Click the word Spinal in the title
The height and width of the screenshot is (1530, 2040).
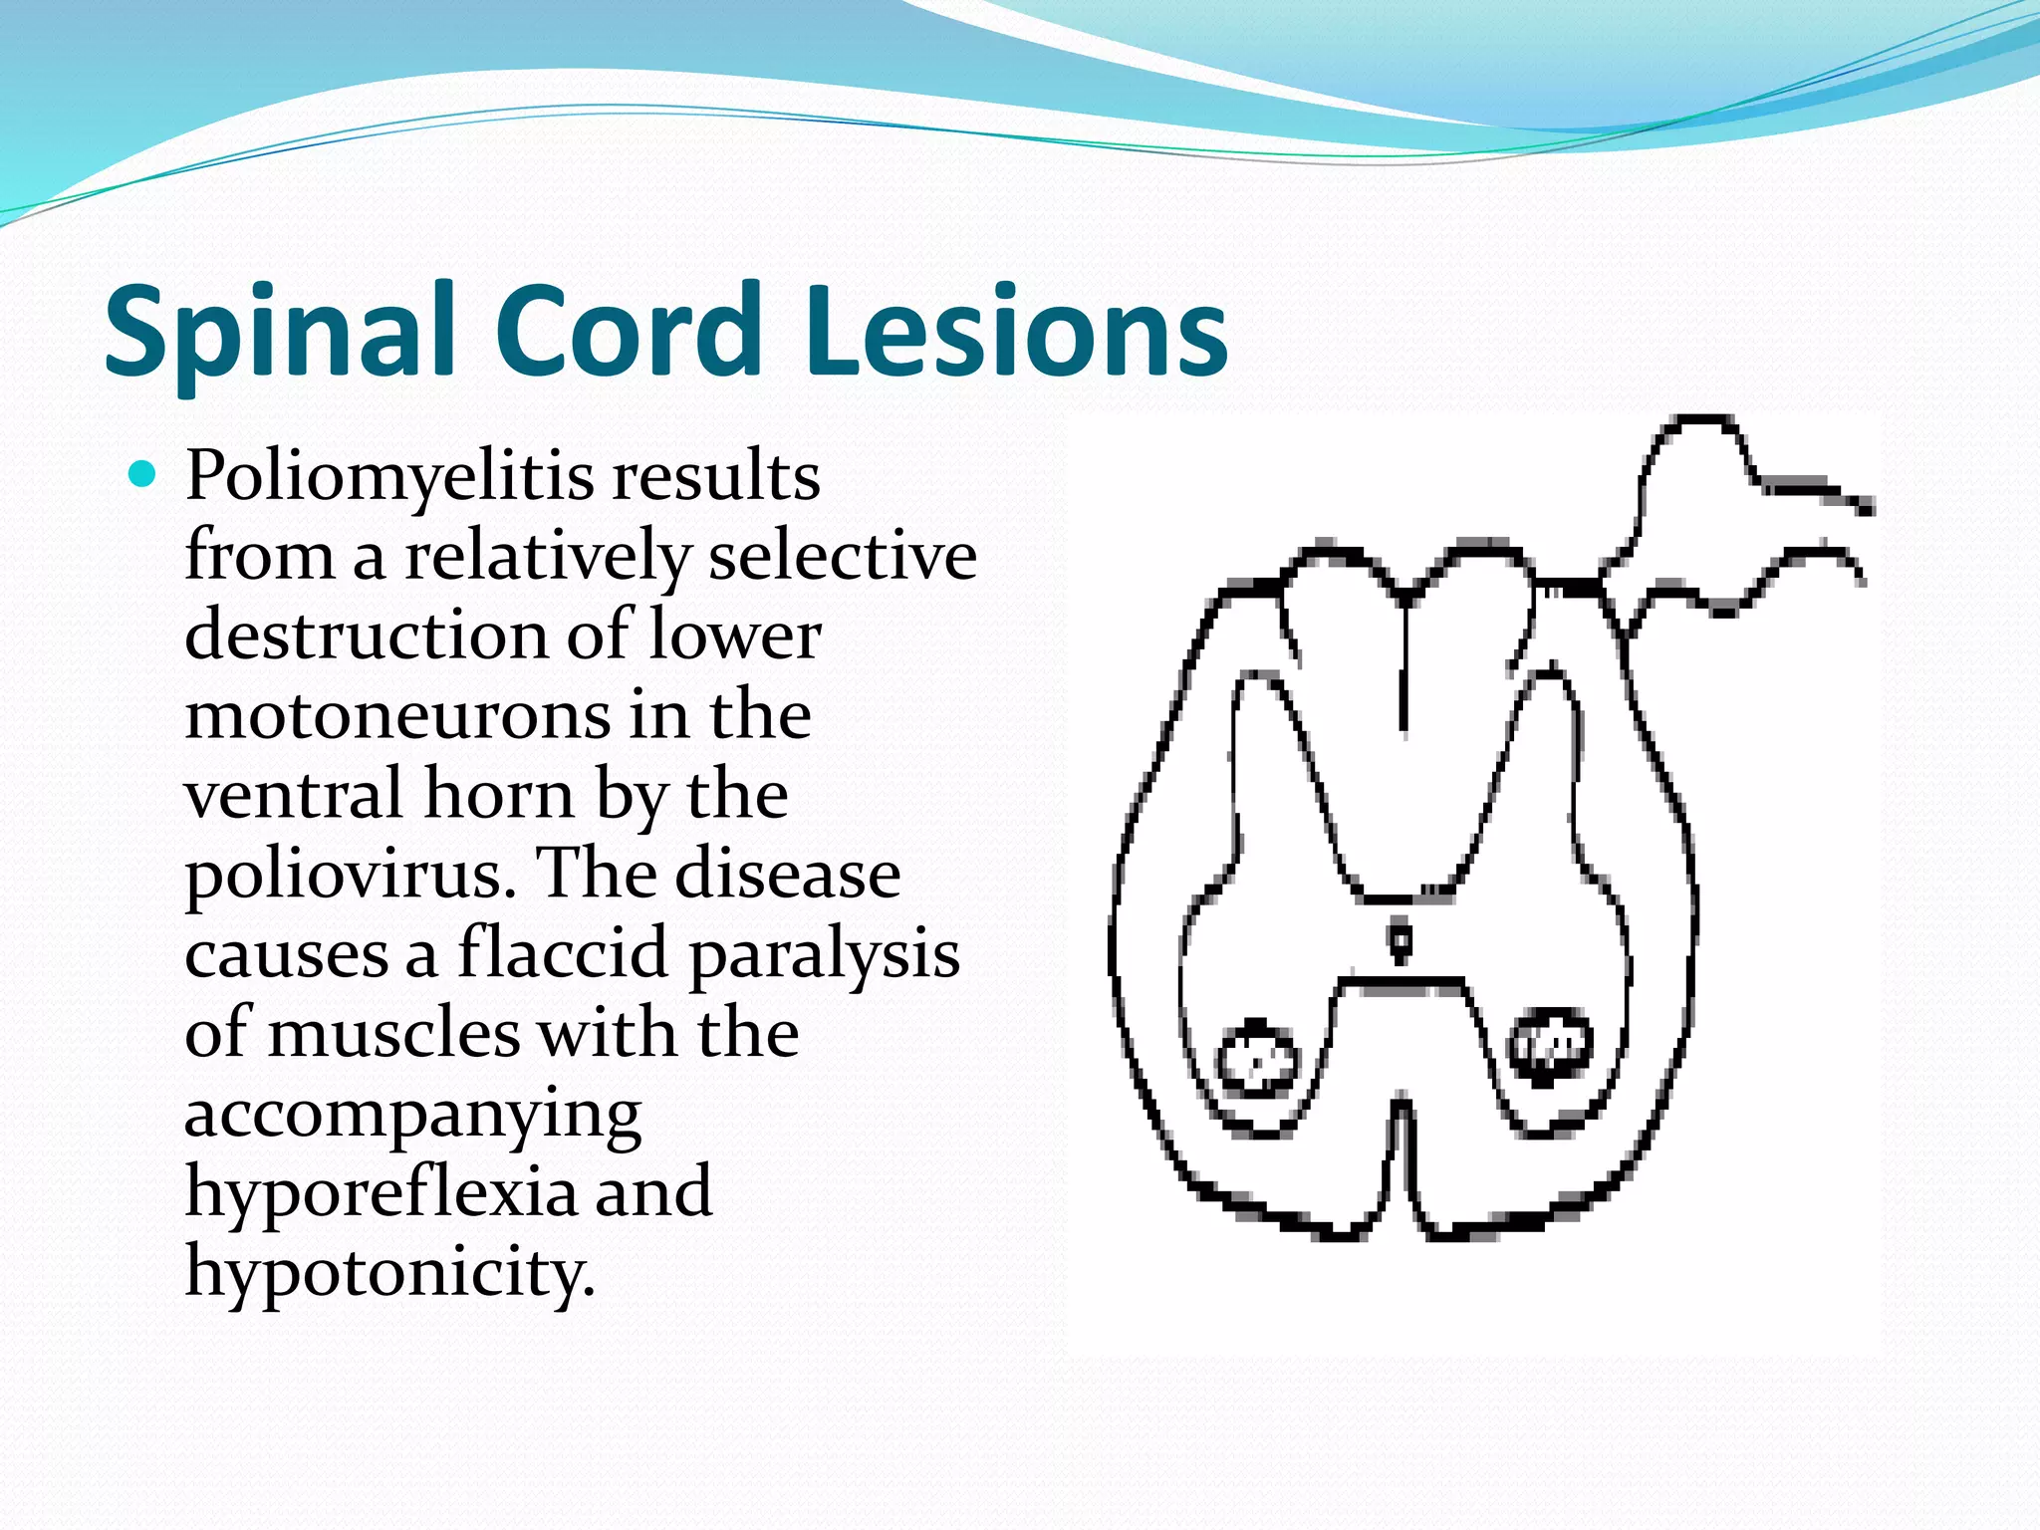tap(280, 332)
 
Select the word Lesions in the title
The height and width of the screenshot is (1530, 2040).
tap(1016, 332)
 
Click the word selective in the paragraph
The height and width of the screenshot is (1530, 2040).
tap(842, 556)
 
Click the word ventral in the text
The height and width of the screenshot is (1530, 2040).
tap(294, 794)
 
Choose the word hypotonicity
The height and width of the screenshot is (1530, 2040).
tap(389, 1273)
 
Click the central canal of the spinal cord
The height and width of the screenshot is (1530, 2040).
tap(1401, 939)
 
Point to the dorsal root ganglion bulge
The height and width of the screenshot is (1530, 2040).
tap(1693, 468)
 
